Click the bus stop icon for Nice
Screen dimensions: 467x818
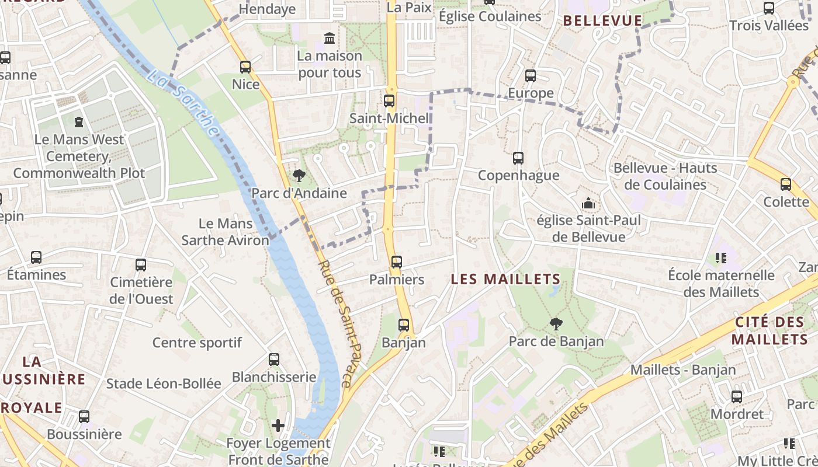pyautogui.click(x=245, y=67)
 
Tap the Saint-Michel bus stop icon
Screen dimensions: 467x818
pyautogui.click(x=389, y=100)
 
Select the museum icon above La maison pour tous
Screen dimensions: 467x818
pyautogui.click(x=330, y=39)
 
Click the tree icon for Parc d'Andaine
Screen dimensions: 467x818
pyautogui.click(x=299, y=175)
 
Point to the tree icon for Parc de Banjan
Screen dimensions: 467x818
pyautogui.click(x=556, y=323)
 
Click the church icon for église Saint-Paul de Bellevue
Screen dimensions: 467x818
pyautogui.click(x=588, y=203)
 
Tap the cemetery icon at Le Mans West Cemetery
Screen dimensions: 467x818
pyautogui.click(x=79, y=122)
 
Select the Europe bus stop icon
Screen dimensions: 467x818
pyautogui.click(x=531, y=75)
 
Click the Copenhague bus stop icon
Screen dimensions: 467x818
pyautogui.click(x=518, y=158)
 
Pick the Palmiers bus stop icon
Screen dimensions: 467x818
pyautogui.click(x=397, y=262)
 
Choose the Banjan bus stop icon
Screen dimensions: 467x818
pyautogui.click(x=404, y=325)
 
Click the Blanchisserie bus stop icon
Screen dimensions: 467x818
pyautogui.click(x=274, y=359)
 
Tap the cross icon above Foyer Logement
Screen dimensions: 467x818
pyautogui.click(x=278, y=426)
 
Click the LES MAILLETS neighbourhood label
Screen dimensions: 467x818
pyautogui.click(x=505, y=280)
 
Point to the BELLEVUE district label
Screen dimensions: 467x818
pyautogui.click(x=602, y=21)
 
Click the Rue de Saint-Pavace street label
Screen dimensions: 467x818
pyautogui.click(x=335, y=324)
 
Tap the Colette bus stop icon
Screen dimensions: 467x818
pyautogui.click(x=786, y=184)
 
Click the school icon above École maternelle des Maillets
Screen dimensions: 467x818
pyautogui.click(x=721, y=257)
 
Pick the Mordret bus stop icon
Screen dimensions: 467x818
pyautogui.click(x=737, y=397)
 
